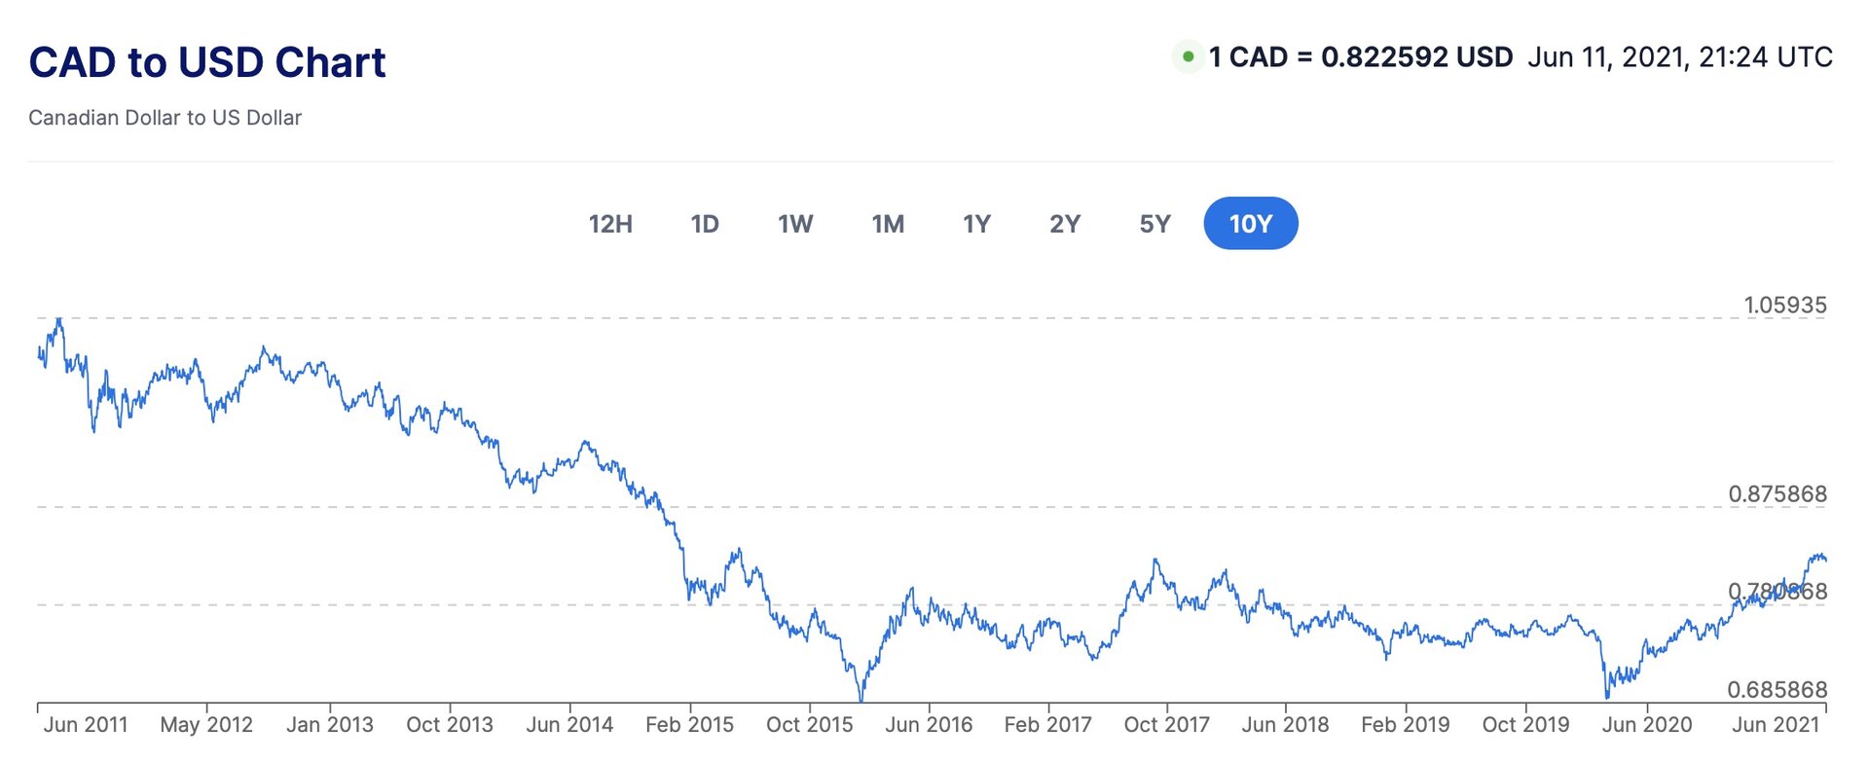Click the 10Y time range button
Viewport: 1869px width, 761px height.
[x=1250, y=224]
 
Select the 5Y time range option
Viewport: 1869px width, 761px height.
[x=1154, y=224]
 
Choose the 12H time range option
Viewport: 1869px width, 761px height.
[x=610, y=224]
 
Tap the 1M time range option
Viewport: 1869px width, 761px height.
[x=888, y=224]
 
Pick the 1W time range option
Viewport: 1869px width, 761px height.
[x=795, y=224]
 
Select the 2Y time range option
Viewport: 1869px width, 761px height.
[x=1065, y=224]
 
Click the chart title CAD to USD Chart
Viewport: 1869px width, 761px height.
[x=207, y=62]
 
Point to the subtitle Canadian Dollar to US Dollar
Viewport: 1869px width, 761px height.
[x=165, y=118]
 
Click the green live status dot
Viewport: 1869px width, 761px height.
[x=1188, y=57]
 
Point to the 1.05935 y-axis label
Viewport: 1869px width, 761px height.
[x=1785, y=306]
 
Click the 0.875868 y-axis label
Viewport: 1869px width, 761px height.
[x=1777, y=494]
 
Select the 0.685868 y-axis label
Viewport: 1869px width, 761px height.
[x=1777, y=690]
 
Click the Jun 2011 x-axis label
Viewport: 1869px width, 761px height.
[x=86, y=725]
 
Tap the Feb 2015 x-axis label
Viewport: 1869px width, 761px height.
[x=689, y=725]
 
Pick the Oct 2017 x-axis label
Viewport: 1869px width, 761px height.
[x=1166, y=725]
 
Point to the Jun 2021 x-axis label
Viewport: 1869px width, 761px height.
[x=1776, y=725]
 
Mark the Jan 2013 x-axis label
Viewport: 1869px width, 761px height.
[x=330, y=725]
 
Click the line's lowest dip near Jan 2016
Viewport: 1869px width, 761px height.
[x=861, y=698]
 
